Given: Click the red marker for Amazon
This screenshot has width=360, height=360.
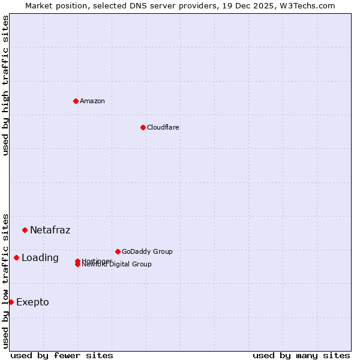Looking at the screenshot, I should pyautogui.click(x=76, y=101).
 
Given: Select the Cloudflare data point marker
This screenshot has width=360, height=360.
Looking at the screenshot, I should pyautogui.click(x=143, y=127).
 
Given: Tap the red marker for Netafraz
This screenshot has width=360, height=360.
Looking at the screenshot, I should pyautogui.click(x=25, y=230).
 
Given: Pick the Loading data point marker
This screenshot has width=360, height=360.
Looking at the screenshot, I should pyautogui.click(x=16, y=257).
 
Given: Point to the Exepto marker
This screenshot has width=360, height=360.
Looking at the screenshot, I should pyautogui.click(x=11, y=302).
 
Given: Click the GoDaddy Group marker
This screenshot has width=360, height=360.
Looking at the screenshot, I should pyautogui.click(x=118, y=251).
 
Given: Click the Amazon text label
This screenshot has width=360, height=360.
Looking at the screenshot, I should pyautogui.click(x=92, y=101).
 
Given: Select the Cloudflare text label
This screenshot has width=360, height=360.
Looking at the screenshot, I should pyautogui.click(x=163, y=127).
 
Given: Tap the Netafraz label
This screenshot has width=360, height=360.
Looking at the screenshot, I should pyautogui.click(x=50, y=230).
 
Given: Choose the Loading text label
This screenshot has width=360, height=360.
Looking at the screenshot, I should pyautogui.click(x=40, y=258).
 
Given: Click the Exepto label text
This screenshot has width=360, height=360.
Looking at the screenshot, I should pyautogui.click(x=32, y=302).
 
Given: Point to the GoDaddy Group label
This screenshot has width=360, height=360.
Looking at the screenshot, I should pyautogui.click(x=147, y=251).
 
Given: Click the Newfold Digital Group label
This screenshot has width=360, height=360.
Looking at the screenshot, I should pyautogui.click(x=117, y=265).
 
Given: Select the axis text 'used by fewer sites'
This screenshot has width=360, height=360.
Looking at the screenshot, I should pyautogui.click(x=62, y=355).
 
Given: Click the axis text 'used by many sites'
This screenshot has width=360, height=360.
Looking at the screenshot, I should pyautogui.click(x=301, y=355).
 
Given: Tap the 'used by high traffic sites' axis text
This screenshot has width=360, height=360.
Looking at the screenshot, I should pyautogui.click(x=5, y=85).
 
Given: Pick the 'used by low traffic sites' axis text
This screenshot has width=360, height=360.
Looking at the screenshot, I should pyautogui.click(x=5, y=280).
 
